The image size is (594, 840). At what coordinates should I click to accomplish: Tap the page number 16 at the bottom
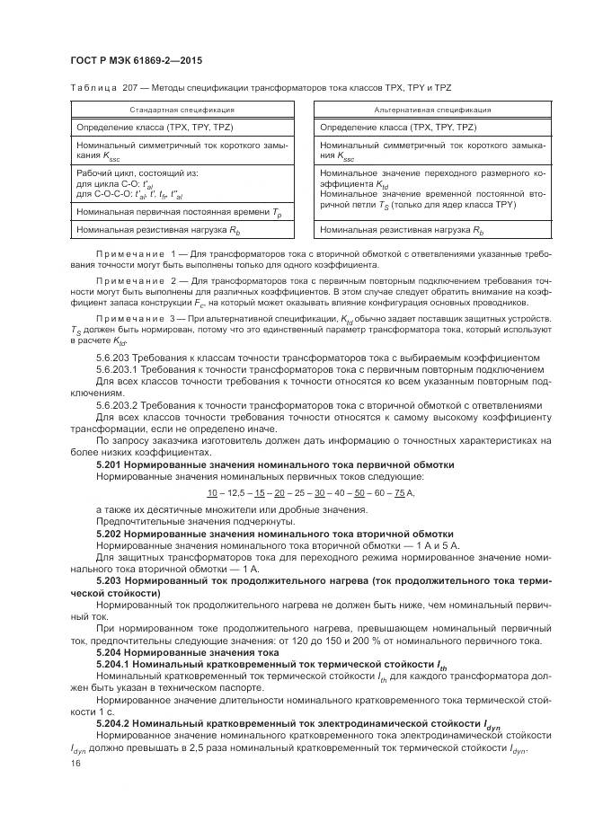coord(75,764)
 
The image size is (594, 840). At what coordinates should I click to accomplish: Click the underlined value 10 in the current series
coord(212,495)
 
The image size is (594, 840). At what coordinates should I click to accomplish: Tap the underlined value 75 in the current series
coord(399,495)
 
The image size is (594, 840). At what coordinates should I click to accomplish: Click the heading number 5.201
coord(110,464)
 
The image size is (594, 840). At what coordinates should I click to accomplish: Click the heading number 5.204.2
coord(115,722)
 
